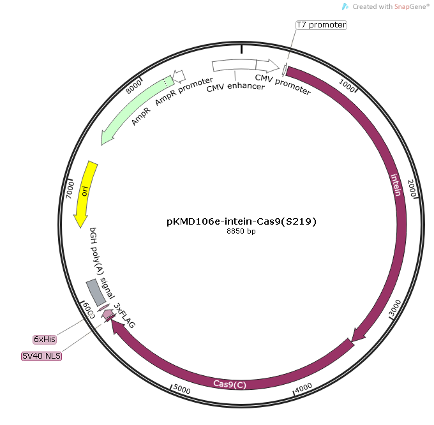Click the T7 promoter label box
[321, 25]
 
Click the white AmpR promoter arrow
[179, 76]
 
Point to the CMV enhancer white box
[234, 65]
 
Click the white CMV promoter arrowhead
[267, 65]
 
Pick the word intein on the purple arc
[396, 185]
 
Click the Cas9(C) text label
[230, 384]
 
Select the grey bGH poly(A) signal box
[96, 292]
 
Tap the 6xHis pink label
[45, 339]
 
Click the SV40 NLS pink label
[41, 356]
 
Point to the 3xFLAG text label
[124, 315]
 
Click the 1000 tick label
[347, 86]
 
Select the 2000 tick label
[412, 188]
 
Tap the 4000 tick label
[303, 388]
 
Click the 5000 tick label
[182, 389]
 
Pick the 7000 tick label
[70, 190]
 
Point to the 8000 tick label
[133, 86]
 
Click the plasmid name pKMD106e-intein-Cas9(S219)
[241, 221]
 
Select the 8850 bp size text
[241, 231]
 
